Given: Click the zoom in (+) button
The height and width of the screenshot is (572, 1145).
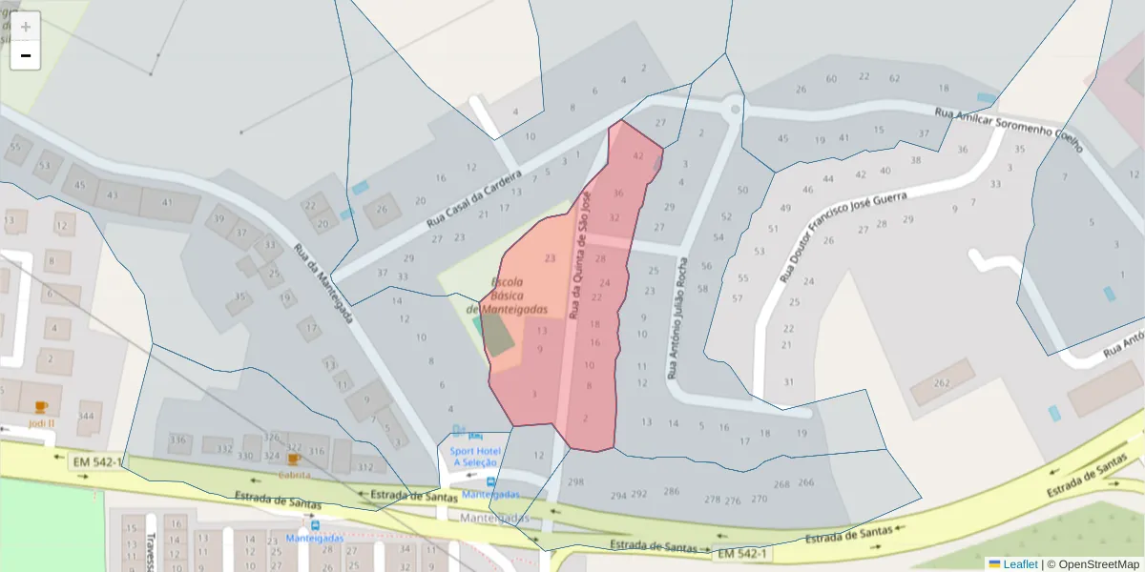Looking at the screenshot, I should coord(26,27).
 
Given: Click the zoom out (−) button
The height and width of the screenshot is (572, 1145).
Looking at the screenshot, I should coord(26,55).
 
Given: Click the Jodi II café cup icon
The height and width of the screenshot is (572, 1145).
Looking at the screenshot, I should coord(41,407).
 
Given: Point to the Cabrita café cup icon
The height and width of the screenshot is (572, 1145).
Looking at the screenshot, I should coord(294,460).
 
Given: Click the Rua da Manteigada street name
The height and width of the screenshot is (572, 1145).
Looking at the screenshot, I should coord(325,283).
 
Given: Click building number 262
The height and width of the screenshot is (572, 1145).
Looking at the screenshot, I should coord(942,383).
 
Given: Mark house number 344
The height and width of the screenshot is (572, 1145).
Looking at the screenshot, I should coord(87,416).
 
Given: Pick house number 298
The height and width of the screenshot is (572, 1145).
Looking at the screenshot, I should coord(575,482).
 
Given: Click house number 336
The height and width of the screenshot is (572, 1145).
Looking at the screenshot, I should coord(177,439).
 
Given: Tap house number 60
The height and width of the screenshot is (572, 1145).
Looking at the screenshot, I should coord(831,78).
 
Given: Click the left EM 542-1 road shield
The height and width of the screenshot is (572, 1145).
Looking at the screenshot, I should coord(97,462).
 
